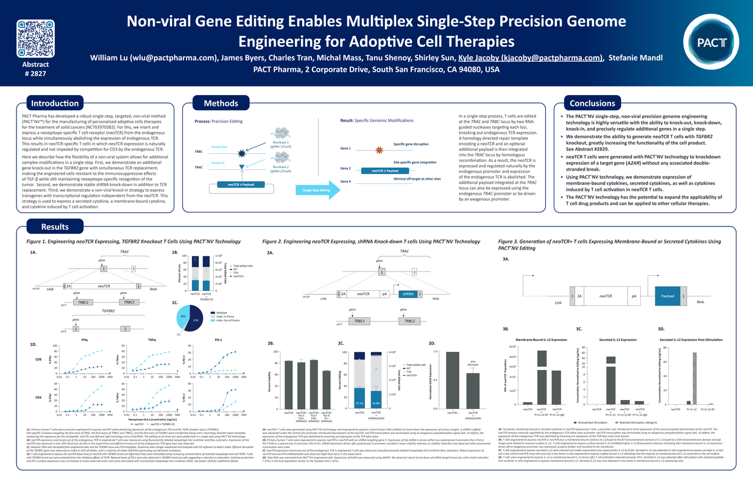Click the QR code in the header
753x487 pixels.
pos(35,38)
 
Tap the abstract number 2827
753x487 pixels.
pos(35,73)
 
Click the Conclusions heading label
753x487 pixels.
pos(592,103)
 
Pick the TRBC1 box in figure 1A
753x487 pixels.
pos(83,302)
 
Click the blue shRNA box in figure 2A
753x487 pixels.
pos(406,294)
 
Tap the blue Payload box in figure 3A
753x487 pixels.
pos(666,296)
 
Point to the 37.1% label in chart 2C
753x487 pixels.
pos(359,403)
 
